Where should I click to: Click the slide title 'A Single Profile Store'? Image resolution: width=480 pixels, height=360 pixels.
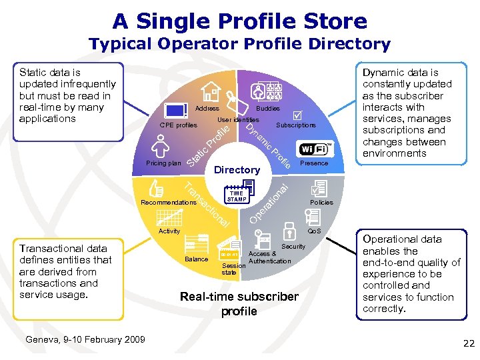(x=240, y=21)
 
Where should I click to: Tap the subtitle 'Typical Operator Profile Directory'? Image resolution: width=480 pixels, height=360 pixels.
(x=240, y=45)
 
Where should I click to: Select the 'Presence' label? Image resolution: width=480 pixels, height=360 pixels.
(x=314, y=163)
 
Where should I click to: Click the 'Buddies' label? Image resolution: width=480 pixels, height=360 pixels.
(x=268, y=108)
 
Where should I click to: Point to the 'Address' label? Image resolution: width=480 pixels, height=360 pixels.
(x=207, y=108)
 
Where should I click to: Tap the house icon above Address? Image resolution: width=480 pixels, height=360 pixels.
(x=211, y=92)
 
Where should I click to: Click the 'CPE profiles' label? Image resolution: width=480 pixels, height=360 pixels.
(x=179, y=125)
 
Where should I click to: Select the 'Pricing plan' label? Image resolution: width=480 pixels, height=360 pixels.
(x=163, y=163)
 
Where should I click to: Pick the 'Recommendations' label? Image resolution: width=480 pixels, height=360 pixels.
(x=168, y=202)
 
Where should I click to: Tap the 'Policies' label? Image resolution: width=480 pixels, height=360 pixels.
(x=322, y=202)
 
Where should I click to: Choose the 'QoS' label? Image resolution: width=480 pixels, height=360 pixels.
(x=313, y=231)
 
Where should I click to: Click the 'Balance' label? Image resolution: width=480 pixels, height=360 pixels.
(x=196, y=259)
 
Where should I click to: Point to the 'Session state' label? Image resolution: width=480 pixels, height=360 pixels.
(x=230, y=269)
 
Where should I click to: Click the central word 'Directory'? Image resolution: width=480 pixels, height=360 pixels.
(x=237, y=170)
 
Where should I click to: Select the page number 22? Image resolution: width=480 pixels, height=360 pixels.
(x=468, y=343)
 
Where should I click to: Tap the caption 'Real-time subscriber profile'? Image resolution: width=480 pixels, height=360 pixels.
(x=239, y=303)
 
